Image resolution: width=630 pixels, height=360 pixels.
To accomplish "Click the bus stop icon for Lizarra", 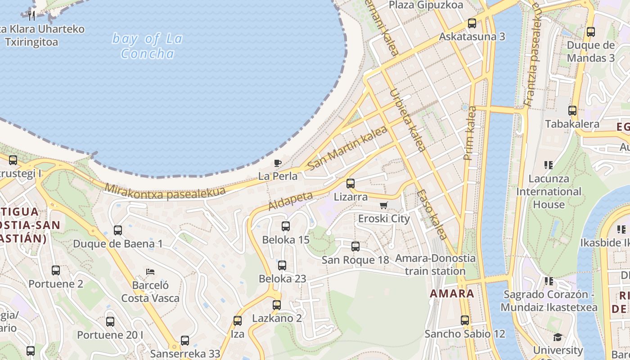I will (x=351, y=184).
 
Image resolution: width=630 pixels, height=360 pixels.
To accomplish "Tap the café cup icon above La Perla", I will (x=278, y=163).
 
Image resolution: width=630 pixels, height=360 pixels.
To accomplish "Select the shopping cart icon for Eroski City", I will (x=383, y=206).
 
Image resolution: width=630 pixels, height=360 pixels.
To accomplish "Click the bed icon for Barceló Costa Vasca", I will (x=150, y=272).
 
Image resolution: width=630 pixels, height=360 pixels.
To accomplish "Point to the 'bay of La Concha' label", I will (x=148, y=46).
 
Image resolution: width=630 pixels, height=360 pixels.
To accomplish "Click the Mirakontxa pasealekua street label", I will (x=165, y=191).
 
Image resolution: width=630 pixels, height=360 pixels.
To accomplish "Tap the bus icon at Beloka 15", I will (x=286, y=226).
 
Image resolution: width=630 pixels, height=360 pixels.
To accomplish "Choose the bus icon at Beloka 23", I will (x=282, y=265).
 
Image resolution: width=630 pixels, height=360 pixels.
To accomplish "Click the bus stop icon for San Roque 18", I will (x=355, y=247).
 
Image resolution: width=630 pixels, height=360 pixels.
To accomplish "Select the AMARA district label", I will (x=452, y=294).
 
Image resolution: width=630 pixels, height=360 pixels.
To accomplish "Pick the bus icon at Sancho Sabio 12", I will (x=465, y=320).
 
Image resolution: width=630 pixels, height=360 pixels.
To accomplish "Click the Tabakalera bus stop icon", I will (x=572, y=111).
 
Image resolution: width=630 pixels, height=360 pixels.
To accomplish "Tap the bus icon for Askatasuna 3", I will (x=472, y=23).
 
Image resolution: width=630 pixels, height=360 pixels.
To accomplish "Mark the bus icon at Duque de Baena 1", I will (x=118, y=230).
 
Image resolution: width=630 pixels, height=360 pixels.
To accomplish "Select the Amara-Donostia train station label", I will (x=435, y=265).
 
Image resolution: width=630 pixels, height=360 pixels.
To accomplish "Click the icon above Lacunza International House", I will (x=549, y=165).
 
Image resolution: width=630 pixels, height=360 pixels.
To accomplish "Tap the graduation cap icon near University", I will (x=558, y=337).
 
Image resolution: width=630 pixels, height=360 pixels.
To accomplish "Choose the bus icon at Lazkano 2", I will (x=277, y=305).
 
